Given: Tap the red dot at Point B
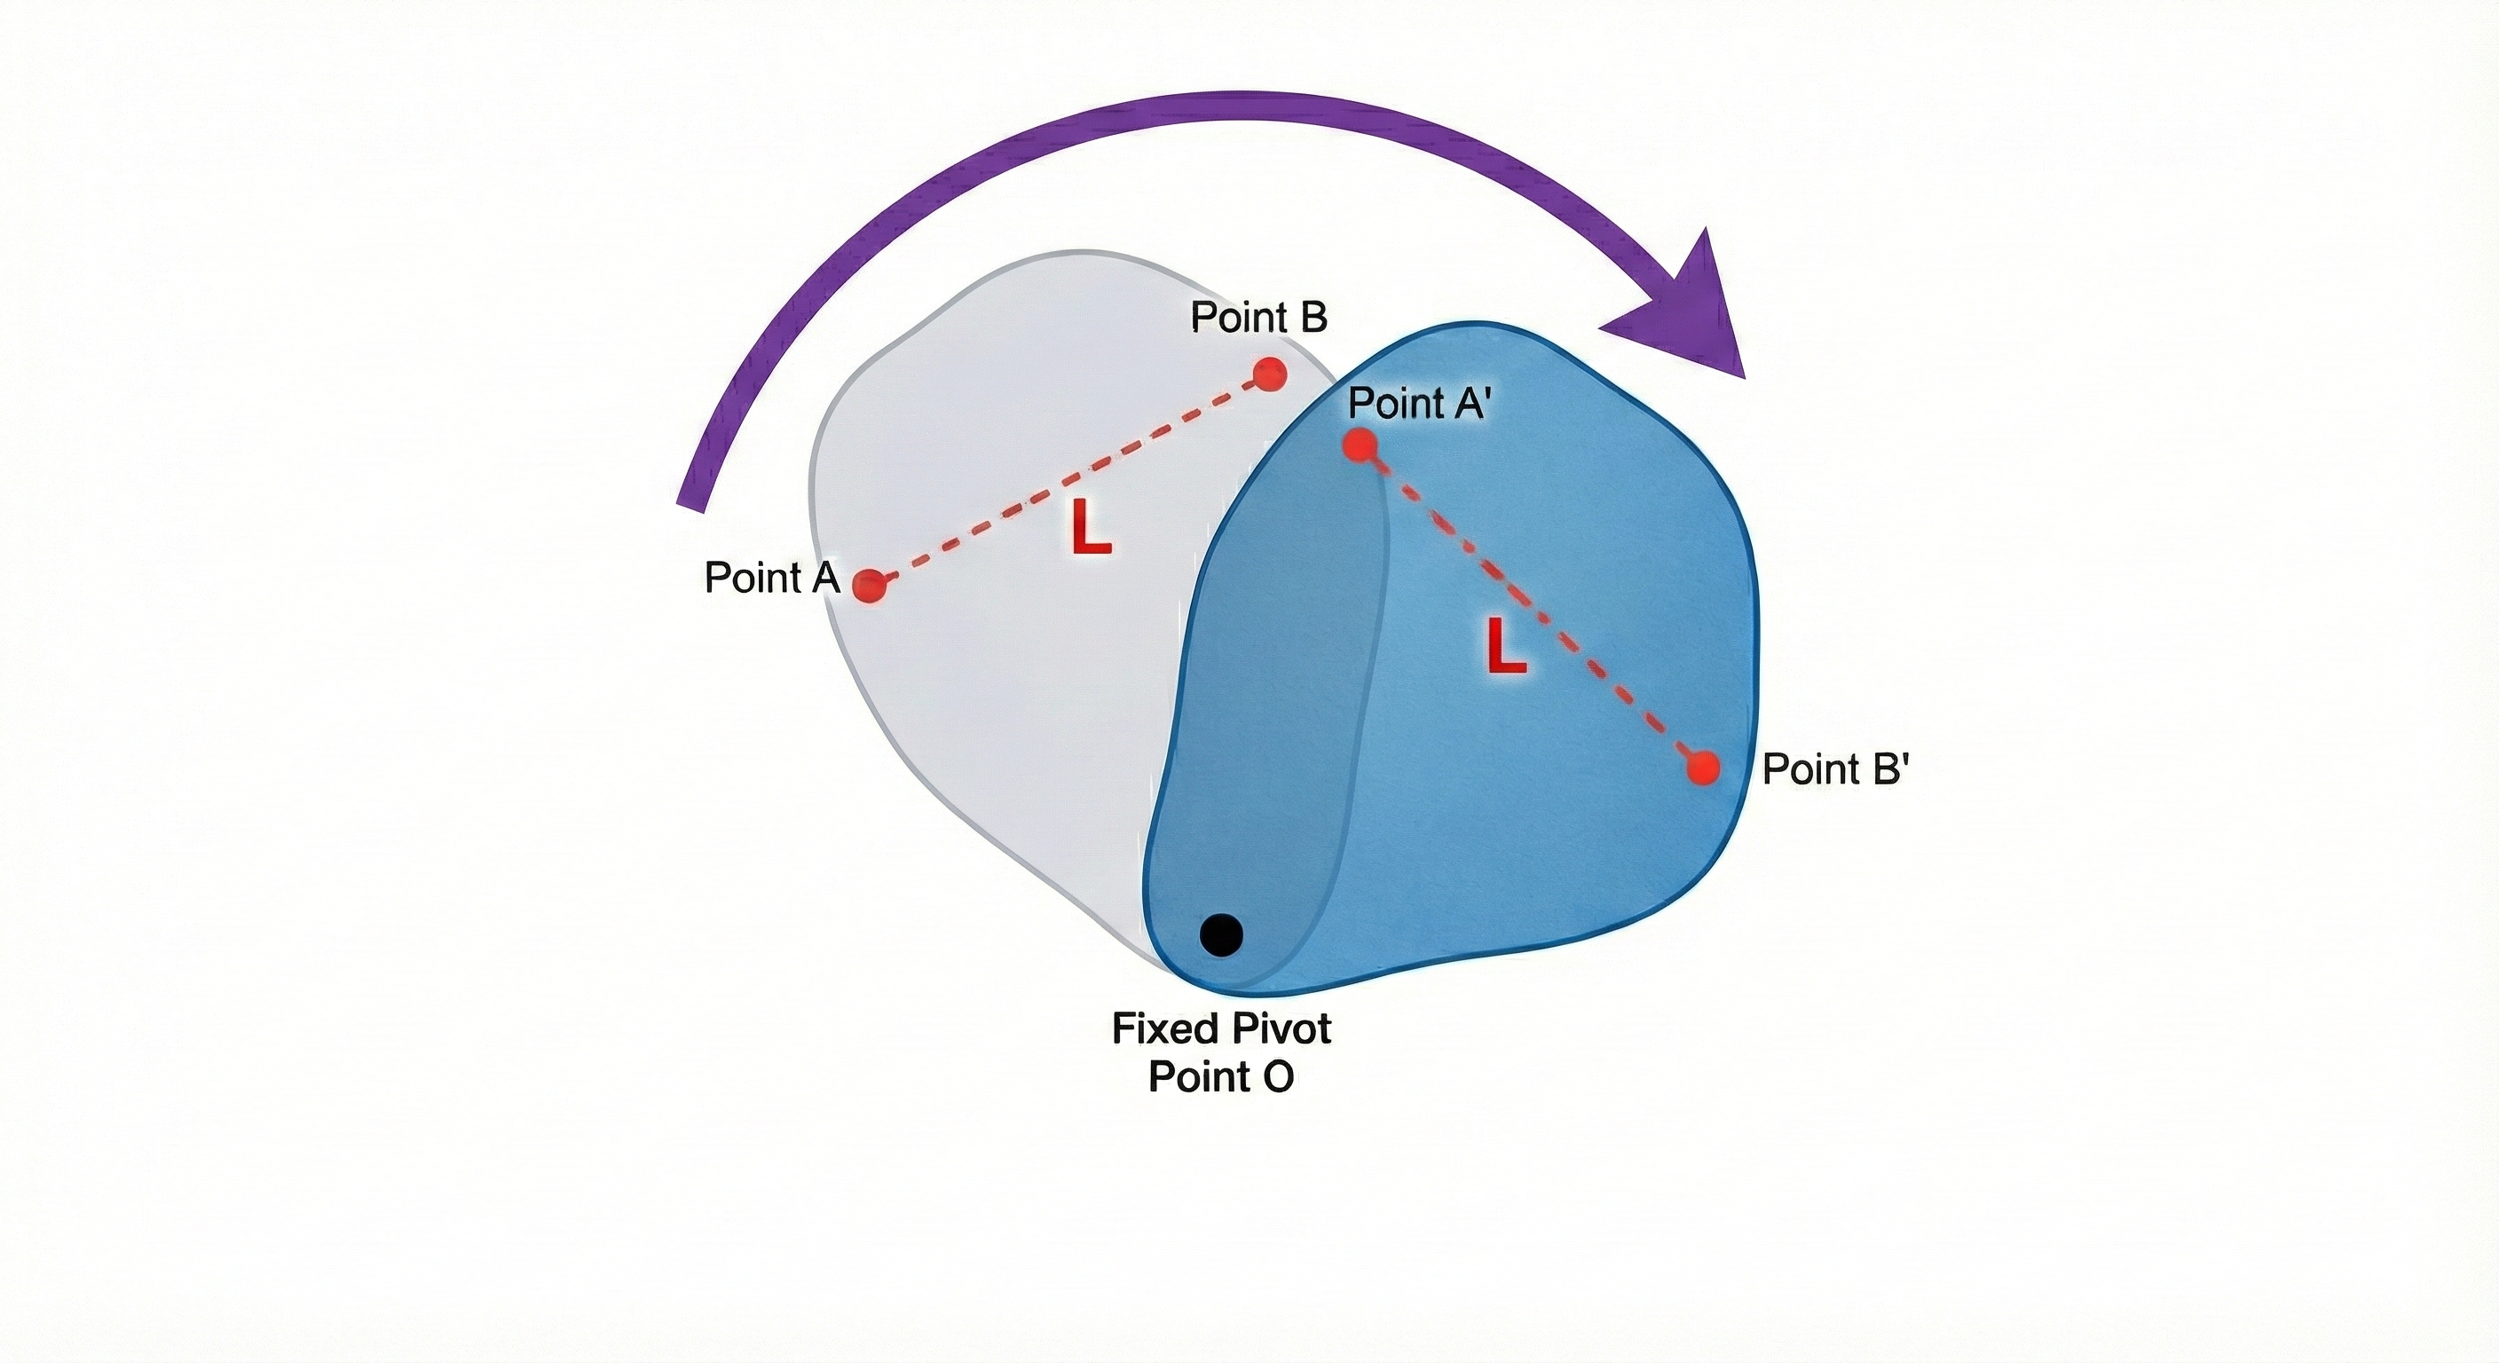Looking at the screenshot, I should pos(1269,374).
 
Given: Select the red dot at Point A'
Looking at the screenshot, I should pos(1360,445).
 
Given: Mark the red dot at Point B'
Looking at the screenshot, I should pos(1703,768).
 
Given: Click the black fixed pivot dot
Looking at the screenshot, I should pos(1220,935).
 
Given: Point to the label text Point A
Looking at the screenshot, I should pos(770,579).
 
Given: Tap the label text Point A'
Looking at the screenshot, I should pos(1417,404).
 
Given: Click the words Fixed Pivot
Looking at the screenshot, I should pos(1220,1028).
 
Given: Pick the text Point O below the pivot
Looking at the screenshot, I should pos(1220,1076).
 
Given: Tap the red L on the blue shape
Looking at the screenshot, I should pos(1506,648).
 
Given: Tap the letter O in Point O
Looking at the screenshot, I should pos(1277,1076).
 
